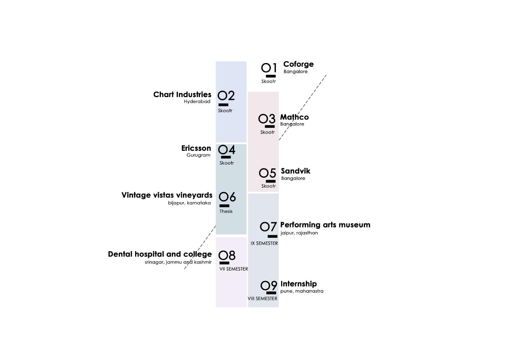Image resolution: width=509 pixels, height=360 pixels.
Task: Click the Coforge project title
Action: click(298, 64)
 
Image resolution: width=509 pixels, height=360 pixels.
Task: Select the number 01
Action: click(269, 68)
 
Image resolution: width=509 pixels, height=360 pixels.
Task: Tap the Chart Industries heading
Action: click(182, 95)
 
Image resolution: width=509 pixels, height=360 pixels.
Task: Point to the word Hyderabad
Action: click(197, 102)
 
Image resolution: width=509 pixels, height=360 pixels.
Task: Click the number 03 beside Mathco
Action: click(267, 119)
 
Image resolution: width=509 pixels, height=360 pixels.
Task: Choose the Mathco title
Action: click(294, 117)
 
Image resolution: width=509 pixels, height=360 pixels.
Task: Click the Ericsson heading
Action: click(196, 148)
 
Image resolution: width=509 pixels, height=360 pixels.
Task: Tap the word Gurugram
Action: click(198, 155)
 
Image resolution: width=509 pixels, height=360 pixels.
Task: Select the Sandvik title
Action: click(296, 171)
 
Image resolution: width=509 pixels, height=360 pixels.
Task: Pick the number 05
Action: click(267, 173)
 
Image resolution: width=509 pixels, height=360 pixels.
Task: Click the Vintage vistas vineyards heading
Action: click(167, 195)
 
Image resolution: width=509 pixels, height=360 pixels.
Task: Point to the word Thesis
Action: click(226, 211)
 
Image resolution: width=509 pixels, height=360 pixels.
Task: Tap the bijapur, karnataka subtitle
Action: click(189, 203)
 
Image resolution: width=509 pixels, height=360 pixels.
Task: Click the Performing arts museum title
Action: click(325, 225)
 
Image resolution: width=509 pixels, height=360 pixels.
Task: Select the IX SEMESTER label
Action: click(264, 243)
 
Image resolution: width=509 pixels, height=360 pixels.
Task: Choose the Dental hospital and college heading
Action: click(160, 254)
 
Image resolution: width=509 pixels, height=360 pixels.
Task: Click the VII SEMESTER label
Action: click(233, 269)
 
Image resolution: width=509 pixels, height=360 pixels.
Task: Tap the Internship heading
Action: click(298, 284)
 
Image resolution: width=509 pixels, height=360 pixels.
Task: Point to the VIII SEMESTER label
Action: click(262, 298)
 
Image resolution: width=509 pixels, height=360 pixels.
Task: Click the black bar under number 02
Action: click(223, 105)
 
